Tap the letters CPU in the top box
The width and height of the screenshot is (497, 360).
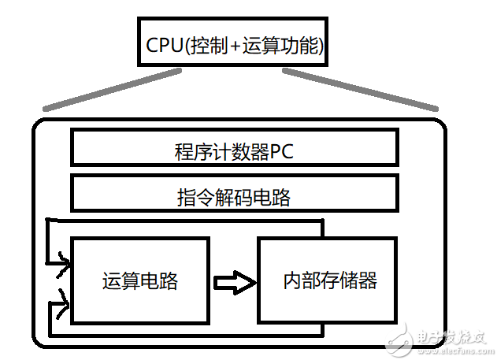point(163,45)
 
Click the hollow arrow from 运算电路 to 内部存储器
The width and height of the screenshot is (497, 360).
point(235,280)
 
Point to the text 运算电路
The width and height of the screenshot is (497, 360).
point(139,280)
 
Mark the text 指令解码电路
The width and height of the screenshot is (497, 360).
point(234,197)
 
